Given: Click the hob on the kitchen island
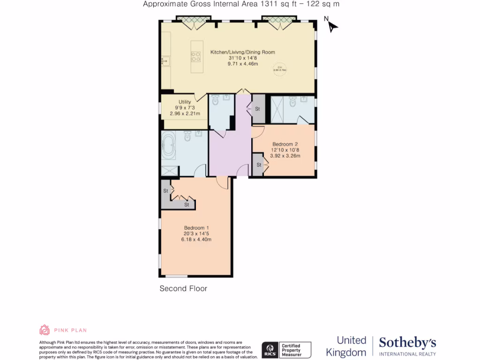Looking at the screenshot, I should click(x=195, y=56).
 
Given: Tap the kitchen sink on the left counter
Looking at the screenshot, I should click(x=165, y=60).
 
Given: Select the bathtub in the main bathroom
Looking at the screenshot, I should click(x=169, y=145).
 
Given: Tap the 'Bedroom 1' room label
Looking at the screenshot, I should click(x=197, y=228).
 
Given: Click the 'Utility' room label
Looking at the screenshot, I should click(x=185, y=102).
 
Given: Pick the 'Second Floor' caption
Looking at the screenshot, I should click(x=183, y=289).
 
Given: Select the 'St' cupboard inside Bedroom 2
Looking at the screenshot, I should click(x=258, y=165).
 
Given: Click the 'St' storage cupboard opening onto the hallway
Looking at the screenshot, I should click(x=258, y=109).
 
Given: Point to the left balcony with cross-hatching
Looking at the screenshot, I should click(x=192, y=19).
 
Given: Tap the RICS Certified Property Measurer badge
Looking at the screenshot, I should click(x=286, y=350).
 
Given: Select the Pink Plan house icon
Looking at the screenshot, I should click(x=45, y=330).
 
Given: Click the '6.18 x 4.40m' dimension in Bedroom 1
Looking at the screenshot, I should click(x=197, y=240).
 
